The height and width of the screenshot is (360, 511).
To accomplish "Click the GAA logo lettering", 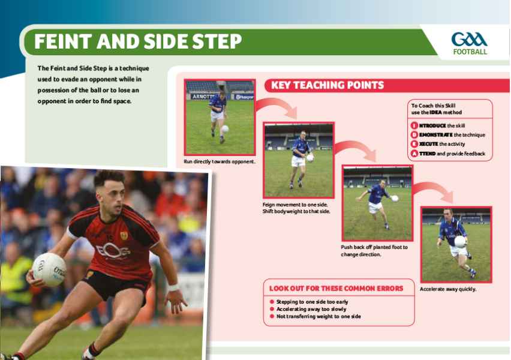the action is pyautogui.click(x=469, y=40).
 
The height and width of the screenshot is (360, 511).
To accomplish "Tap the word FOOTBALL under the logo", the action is pyautogui.click(x=470, y=52).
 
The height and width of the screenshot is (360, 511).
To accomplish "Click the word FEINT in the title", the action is pyautogui.click(x=62, y=41).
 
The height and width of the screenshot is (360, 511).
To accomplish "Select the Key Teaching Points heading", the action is pyautogui.click(x=327, y=85).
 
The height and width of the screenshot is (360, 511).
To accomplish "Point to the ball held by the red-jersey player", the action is pyautogui.click(x=49, y=269).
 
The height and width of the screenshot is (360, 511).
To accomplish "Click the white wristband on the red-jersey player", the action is pyautogui.click(x=173, y=287).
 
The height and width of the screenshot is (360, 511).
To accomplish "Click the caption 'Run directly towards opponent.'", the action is pyautogui.click(x=220, y=161).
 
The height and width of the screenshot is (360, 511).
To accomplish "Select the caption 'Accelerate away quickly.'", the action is pyautogui.click(x=448, y=289).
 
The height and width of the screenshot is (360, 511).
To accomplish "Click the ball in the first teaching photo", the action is pyautogui.click(x=225, y=129).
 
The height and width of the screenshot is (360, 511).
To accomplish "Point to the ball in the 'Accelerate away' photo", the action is pyautogui.click(x=460, y=242).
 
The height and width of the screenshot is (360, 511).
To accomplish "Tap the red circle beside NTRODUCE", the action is pyautogui.click(x=414, y=125).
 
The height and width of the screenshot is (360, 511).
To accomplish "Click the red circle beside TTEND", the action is pyautogui.click(x=414, y=153).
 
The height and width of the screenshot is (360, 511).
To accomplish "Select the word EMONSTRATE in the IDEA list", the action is pyautogui.click(x=435, y=134).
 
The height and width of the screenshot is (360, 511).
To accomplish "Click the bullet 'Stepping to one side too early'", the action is pyautogui.click(x=312, y=302).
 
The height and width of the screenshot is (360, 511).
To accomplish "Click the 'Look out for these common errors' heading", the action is pyautogui.click(x=336, y=289).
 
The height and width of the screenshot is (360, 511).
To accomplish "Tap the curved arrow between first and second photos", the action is pyautogui.click(x=277, y=105).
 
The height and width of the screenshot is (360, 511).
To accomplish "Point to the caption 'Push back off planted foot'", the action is pyautogui.click(x=374, y=247).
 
